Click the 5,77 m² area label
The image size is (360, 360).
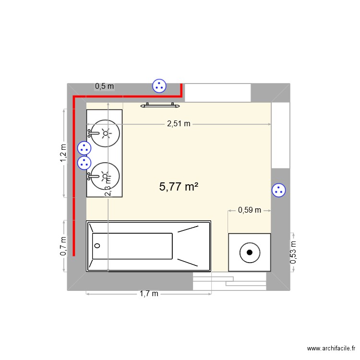tap(179, 187)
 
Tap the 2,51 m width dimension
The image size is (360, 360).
tap(179, 124)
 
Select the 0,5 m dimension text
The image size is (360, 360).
tap(105, 86)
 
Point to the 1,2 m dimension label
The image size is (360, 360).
tap(63, 154)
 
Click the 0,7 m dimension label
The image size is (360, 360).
tap(63, 246)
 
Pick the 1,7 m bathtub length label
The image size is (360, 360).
tap(149, 294)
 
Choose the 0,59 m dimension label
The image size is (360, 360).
tap(250, 210)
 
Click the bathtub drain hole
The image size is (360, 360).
tap(97, 246)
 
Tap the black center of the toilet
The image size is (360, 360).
tap(249, 252)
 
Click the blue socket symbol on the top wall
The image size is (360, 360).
tap(159, 86)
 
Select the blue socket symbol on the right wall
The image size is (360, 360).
tap(278, 190)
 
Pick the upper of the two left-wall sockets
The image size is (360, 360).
tap(84, 148)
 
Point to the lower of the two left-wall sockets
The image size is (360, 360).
tap(84, 163)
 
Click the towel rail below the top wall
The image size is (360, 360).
tap(160, 104)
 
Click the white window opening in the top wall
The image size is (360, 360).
tap(218, 92)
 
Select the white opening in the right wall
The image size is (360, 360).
tap(280, 135)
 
